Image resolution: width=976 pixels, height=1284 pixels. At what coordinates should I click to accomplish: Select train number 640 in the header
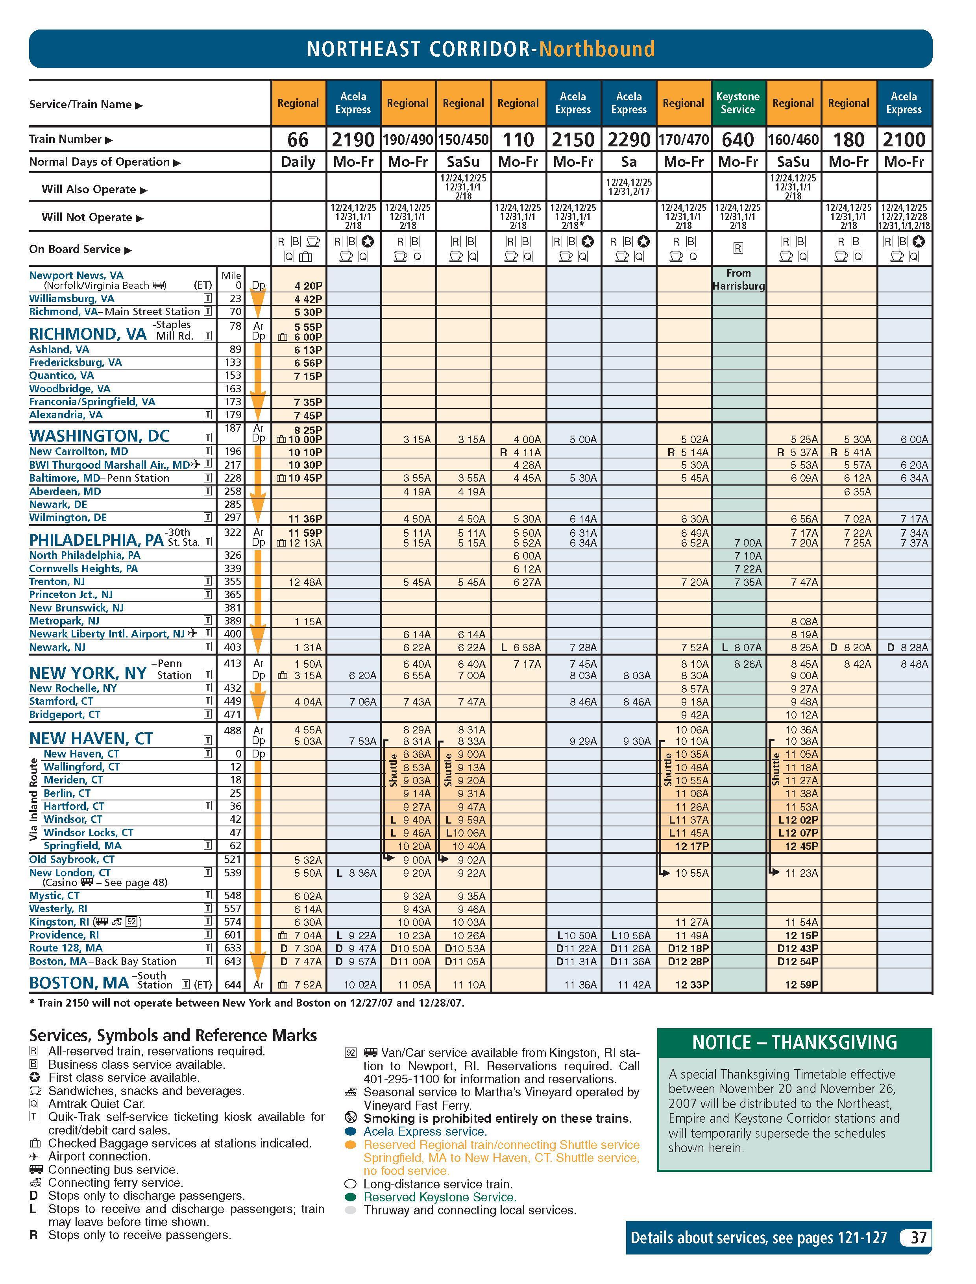tap(738, 139)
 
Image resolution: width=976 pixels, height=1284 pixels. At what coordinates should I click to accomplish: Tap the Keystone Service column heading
tap(738, 103)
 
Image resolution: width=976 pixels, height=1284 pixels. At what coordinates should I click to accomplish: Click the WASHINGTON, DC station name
tap(99, 436)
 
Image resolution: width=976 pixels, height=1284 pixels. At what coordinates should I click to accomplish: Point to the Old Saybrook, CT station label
tap(72, 859)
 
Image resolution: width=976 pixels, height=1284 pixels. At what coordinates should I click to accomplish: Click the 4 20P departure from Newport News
tap(308, 286)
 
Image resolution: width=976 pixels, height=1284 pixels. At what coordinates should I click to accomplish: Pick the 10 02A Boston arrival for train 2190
tap(360, 984)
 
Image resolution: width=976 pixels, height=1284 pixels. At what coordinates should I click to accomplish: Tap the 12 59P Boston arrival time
tap(801, 984)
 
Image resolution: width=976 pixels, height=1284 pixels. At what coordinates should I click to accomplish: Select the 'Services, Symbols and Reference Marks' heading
tap(173, 1035)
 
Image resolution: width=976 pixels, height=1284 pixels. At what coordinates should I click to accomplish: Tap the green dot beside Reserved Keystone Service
tap(350, 1197)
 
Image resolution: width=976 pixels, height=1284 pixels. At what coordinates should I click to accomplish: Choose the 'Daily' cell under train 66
tap(298, 162)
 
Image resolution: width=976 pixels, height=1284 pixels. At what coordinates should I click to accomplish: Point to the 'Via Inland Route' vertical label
tap(34, 799)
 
